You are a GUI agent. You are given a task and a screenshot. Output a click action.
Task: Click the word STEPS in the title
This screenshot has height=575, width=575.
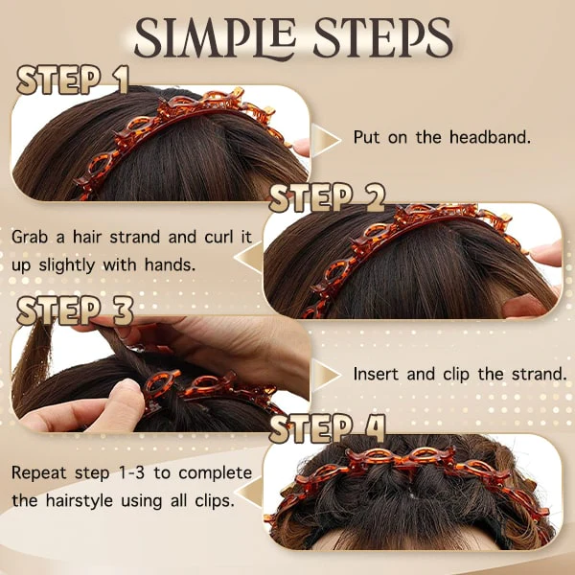click(382, 36)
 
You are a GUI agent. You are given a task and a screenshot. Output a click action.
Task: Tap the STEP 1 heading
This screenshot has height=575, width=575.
click(73, 80)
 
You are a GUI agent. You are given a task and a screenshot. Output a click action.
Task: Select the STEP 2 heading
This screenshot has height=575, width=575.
click(327, 198)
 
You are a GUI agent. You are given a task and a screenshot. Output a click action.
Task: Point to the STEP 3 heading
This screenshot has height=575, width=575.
click(75, 310)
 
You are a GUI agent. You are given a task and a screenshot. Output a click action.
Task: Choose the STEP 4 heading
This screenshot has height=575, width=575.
click(327, 428)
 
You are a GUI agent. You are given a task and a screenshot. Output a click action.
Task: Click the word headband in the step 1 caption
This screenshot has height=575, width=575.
click(490, 137)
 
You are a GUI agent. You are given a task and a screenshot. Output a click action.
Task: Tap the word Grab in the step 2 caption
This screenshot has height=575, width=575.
click(30, 237)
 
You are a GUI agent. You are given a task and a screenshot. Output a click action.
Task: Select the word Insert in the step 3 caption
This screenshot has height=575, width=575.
click(376, 374)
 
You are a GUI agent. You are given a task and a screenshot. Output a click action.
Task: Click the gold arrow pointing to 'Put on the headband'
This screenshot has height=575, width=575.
click(326, 140)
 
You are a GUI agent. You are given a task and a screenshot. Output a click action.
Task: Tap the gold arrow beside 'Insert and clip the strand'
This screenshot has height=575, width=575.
click(326, 375)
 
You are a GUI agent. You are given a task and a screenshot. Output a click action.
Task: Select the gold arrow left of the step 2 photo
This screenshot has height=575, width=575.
click(248, 257)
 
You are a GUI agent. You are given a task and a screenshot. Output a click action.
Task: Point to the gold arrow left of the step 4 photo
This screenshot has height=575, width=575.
click(248, 493)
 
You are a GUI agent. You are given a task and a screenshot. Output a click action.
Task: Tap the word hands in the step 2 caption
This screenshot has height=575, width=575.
click(170, 264)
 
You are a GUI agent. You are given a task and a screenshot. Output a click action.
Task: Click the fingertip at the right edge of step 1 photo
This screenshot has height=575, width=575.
click(302, 147)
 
